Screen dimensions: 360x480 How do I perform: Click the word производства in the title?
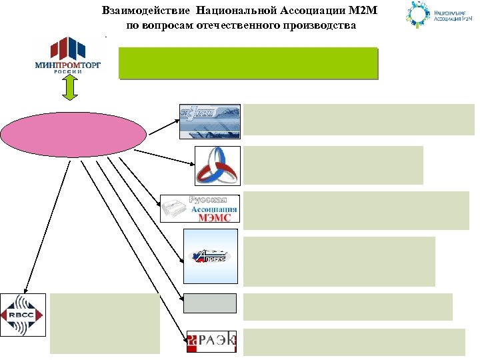[313, 26]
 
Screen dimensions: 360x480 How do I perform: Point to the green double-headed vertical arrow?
[71, 88]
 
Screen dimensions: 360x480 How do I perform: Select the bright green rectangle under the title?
[248, 63]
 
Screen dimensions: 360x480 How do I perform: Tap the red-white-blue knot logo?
[217, 165]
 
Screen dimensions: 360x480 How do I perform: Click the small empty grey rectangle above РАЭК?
[210, 303]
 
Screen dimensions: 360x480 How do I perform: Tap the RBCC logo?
[23, 315]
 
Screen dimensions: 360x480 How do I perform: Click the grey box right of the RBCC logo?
[105, 323]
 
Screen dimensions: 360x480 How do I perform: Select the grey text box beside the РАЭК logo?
[353, 342]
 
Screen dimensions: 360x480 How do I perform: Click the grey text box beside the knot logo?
[333, 165]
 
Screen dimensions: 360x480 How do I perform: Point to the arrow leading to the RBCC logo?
[47, 227]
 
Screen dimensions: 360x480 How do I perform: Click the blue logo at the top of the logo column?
[209, 121]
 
